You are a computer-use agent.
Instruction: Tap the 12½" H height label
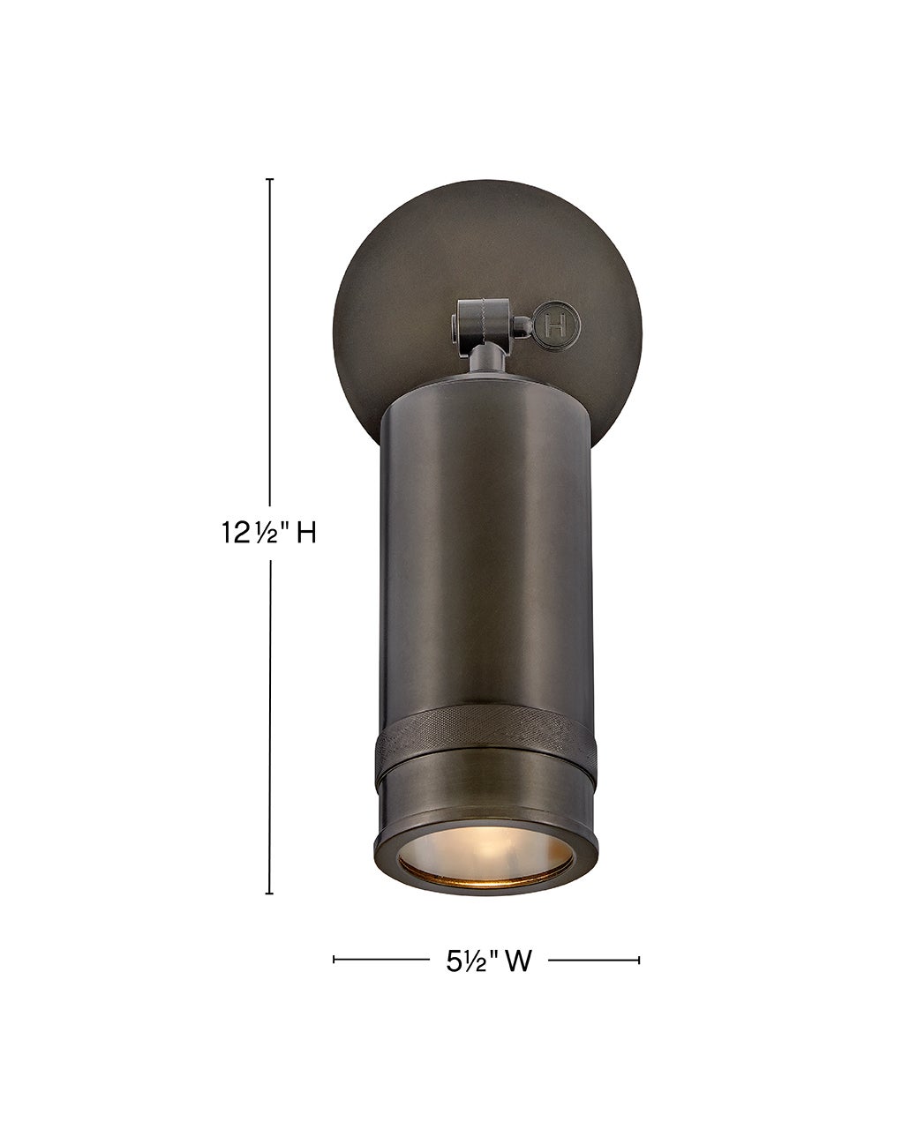[268, 535]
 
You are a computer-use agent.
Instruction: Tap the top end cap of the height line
[270, 179]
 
